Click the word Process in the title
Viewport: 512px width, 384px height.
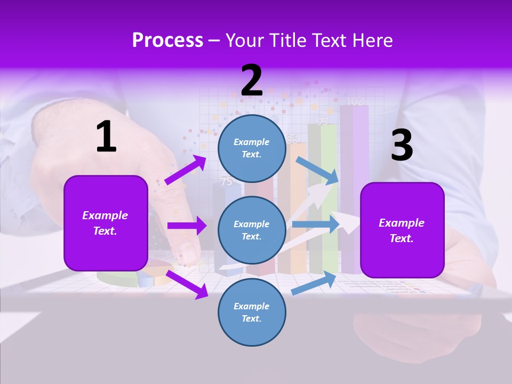tap(167, 40)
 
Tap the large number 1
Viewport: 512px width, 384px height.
tap(106, 137)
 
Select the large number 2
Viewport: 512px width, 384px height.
tap(252, 81)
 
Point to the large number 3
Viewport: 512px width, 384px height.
tap(402, 146)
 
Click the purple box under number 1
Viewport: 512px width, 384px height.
tap(106, 223)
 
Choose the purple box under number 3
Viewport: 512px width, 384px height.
tap(402, 230)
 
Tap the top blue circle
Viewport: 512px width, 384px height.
tap(252, 148)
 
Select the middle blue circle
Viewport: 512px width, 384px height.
tap(252, 230)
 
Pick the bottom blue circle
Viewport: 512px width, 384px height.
tap(252, 312)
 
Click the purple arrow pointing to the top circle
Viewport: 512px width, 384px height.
tap(186, 170)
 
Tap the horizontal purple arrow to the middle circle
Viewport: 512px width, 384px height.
tap(187, 226)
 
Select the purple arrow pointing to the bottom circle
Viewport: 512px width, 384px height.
tap(187, 284)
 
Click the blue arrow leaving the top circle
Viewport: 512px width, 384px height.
tap(317, 170)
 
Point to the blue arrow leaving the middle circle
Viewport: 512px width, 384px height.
tap(315, 224)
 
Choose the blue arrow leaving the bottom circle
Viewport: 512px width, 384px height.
tap(314, 283)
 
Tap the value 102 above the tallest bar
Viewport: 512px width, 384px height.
tap(355, 101)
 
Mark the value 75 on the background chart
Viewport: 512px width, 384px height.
tap(227, 181)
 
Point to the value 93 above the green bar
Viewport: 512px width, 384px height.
tap(322, 121)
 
